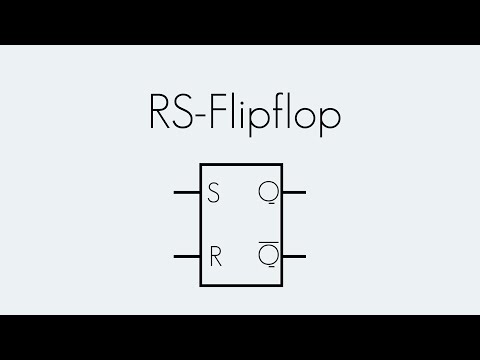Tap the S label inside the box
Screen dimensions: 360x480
[213, 193]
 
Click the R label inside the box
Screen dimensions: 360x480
[214, 255]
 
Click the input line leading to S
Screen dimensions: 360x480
[187, 192]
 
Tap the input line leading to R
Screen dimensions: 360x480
[187, 256]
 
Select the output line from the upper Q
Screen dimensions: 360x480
[294, 192]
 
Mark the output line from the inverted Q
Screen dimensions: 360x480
[294, 256]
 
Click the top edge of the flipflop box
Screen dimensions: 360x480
[241, 162]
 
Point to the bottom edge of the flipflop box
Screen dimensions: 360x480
[241, 287]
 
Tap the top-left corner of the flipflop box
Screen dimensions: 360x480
[201, 162]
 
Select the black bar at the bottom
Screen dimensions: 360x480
[240, 337]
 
